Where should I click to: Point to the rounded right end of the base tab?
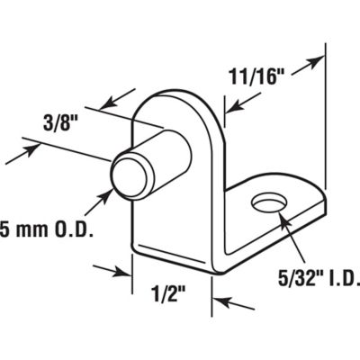click(317, 209)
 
